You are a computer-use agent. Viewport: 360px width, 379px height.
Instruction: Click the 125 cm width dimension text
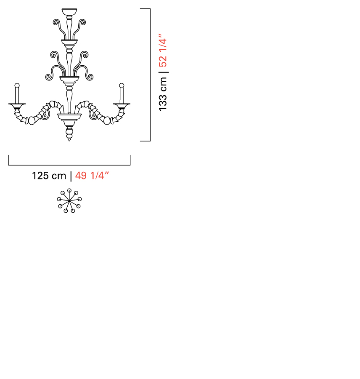click(49, 176)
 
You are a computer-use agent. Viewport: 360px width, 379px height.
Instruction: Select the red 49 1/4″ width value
click(92, 176)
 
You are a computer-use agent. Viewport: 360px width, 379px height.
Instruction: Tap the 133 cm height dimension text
click(163, 94)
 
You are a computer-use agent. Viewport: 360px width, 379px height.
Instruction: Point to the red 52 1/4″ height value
click(163, 50)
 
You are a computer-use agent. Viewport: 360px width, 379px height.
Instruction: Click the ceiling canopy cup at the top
click(69, 12)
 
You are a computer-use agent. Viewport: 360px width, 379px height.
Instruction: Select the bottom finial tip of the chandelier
click(69, 139)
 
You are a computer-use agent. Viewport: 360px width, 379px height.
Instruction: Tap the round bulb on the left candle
click(17, 85)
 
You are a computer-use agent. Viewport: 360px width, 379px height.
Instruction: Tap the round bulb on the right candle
click(122, 85)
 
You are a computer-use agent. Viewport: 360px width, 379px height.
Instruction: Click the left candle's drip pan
click(17, 106)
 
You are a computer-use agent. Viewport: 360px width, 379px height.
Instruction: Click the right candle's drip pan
click(122, 106)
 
